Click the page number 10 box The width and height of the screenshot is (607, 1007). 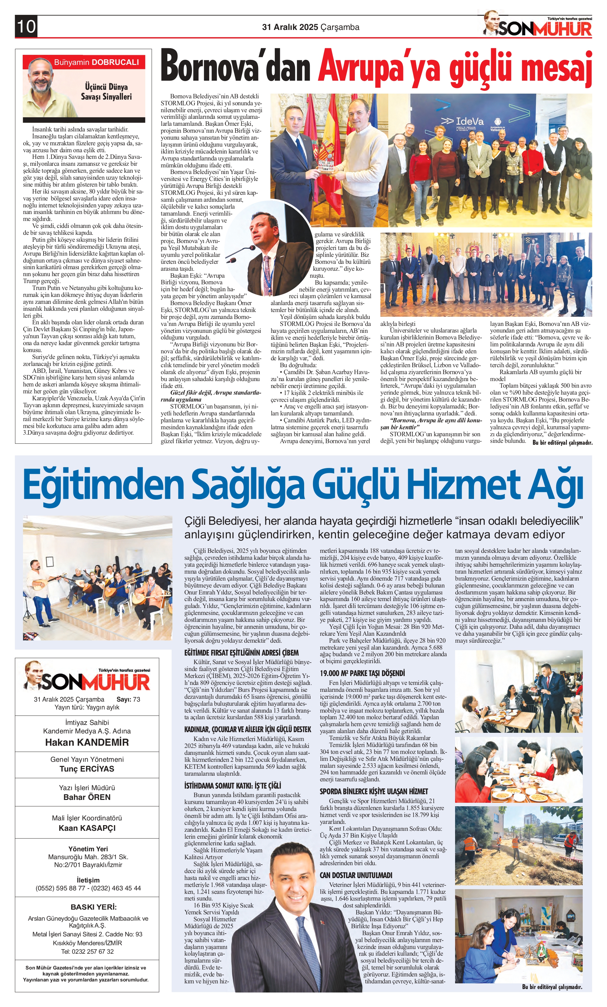[x=26, y=27]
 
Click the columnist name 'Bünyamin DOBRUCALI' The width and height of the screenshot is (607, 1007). [x=96, y=62]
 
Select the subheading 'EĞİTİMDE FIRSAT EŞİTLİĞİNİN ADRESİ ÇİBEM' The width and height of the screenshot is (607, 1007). [x=241, y=653]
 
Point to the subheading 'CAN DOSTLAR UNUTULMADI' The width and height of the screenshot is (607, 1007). [x=356, y=875]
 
